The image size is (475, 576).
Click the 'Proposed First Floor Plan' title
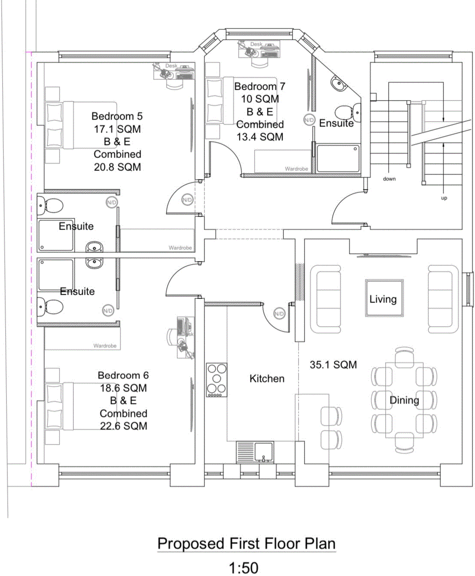pos(246,544)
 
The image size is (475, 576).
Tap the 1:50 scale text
pos(244,568)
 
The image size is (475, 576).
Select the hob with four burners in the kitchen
pos(217,380)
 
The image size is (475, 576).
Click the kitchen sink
pos(264,452)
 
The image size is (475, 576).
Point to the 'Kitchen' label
pos(267,379)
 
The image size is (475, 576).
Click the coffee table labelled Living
pos(384,299)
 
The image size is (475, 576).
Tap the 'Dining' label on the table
pos(404,400)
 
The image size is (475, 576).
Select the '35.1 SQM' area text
pos(333,365)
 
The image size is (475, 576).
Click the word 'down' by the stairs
pos(389,179)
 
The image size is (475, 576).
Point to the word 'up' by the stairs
pos(444,198)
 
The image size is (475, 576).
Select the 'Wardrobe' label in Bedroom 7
pos(296,169)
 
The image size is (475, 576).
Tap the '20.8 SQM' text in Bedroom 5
pos(117,167)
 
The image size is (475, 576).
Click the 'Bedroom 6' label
pos(123,375)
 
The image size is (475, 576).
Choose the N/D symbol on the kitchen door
pos(279,314)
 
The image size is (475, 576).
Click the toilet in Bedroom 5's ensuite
pos(51,205)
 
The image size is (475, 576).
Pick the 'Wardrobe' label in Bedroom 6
pos(105,346)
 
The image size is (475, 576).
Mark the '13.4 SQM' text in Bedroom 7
pos(260,137)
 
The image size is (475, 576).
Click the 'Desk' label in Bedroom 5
pos(171,66)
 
